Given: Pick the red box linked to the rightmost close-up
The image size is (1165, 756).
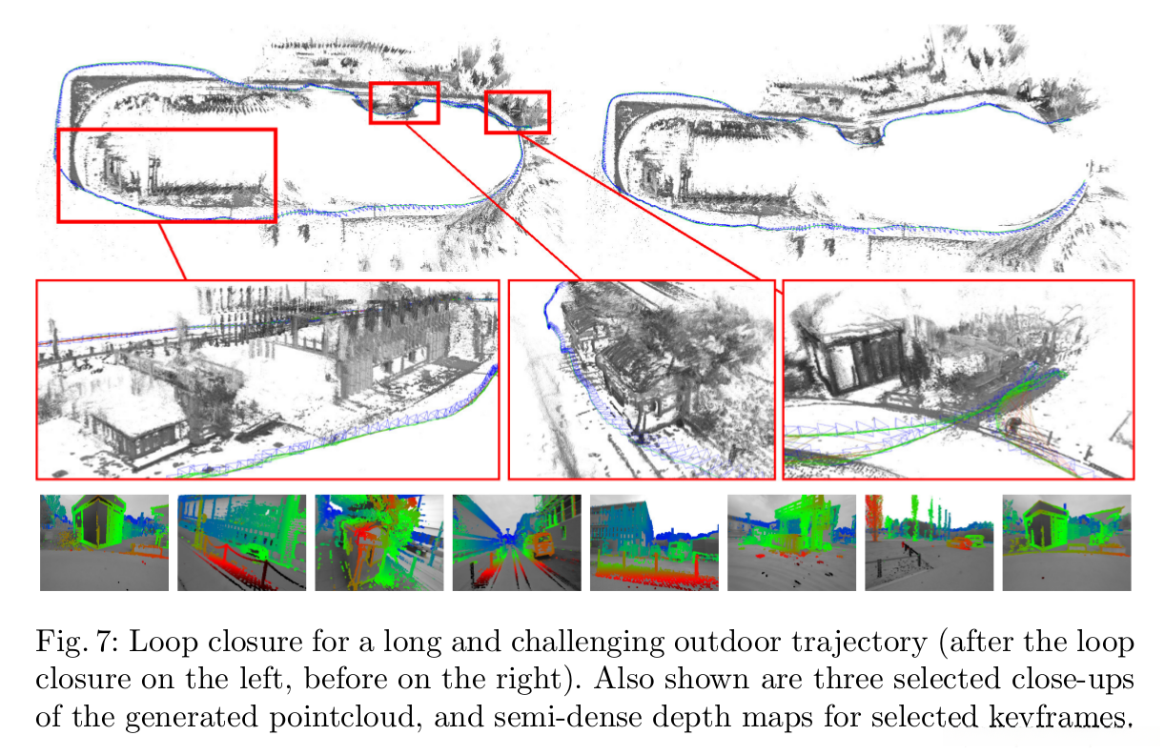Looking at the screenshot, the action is pyautogui.click(x=518, y=112).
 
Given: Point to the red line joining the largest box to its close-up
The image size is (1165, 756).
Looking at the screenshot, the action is pyautogui.click(x=173, y=250).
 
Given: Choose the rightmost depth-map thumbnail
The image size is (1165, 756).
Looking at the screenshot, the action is pyautogui.click(x=1066, y=542).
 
